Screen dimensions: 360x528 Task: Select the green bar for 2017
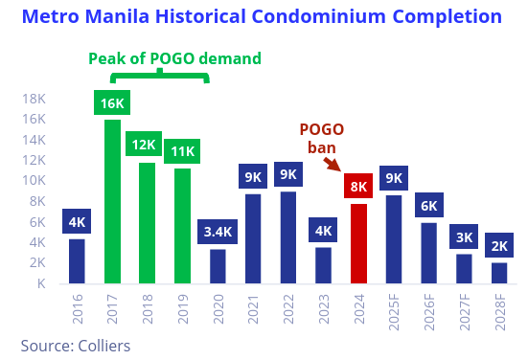pyautogui.click(x=112, y=201)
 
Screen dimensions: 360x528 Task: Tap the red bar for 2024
pyautogui.click(x=357, y=243)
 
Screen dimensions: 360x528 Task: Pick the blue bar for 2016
pyautogui.click(x=77, y=260)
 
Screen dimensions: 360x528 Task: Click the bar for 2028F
pyautogui.click(x=499, y=272)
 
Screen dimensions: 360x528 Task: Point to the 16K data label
pyautogui.click(x=112, y=102)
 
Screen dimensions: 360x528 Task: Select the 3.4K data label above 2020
pyautogui.click(x=217, y=232)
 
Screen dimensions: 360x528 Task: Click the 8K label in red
pyautogui.click(x=358, y=187)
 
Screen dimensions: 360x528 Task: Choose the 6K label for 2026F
pyautogui.click(x=428, y=205)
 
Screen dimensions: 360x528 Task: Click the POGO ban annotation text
pyautogui.click(x=321, y=138)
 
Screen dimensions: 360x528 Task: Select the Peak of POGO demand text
pyautogui.click(x=174, y=58)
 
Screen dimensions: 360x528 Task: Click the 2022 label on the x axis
pyautogui.click(x=287, y=312)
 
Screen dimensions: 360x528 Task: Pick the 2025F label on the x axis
pyautogui.click(x=393, y=315)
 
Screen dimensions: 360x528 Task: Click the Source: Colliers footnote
pyautogui.click(x=75, y=345)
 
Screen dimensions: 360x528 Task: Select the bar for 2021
pyautogui.click(x=253, y=238)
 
